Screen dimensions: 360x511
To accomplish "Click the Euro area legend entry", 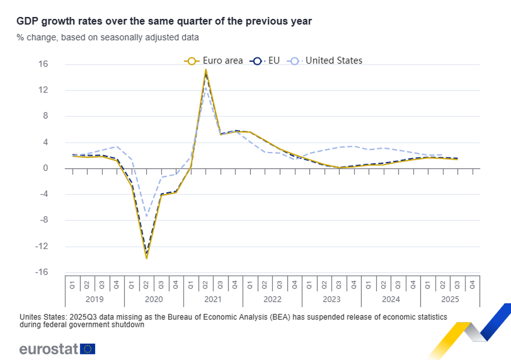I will [x=213, y=61].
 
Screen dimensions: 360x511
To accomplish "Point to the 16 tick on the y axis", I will [x=56, y=64].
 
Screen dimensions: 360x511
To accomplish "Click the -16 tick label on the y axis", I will [x=54, y=272].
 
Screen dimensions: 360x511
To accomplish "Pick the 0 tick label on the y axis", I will [x=59, y=168].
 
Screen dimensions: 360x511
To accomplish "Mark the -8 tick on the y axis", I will [x=56, y=220].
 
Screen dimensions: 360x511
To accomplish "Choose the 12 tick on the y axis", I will [x=56, y=91].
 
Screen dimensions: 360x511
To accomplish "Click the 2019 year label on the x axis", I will [x=95, y=299].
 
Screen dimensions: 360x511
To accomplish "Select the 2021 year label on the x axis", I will [x=213, y=299].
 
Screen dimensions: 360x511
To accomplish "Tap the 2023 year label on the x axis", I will [x=332, y=299].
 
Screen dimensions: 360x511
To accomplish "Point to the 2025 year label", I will [x=450, y=299].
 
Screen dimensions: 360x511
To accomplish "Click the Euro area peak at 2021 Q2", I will [x=205, y=70].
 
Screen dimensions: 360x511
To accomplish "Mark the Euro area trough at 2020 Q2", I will [x=147, y=258].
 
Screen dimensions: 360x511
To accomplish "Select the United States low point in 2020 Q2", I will [x=147, y=216].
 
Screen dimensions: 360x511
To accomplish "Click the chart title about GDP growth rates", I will [x=164, y=21].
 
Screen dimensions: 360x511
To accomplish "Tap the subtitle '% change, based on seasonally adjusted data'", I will [x=108, y=37].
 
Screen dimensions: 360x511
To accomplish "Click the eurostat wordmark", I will [x=49, y=349].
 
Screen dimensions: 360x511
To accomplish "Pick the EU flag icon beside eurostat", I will [x=88, y=349].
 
